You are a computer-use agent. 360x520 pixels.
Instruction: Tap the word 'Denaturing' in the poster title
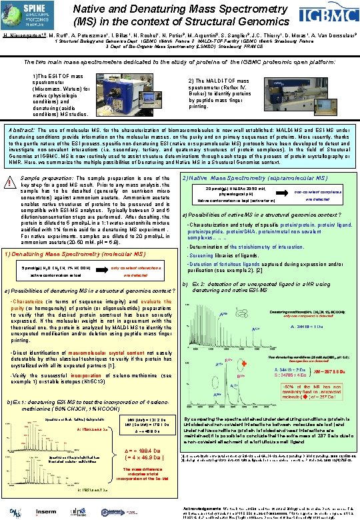(169, 8)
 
